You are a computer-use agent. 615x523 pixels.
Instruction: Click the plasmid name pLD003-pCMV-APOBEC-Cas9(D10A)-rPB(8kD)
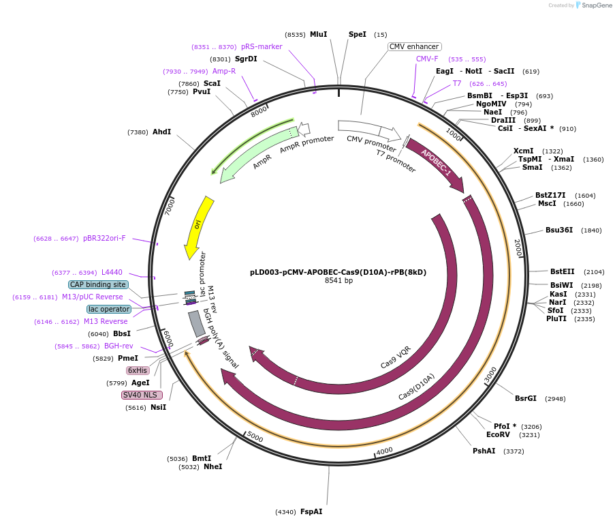click(338, 271)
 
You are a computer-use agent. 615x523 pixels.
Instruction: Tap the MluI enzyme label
click(318, 34)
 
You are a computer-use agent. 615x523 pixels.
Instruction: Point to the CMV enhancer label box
click(414, 47)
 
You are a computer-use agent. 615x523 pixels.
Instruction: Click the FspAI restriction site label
click(311, 511)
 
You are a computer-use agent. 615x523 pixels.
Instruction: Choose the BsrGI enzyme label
click(525, 398)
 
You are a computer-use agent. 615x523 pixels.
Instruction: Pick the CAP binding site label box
click(97, 284)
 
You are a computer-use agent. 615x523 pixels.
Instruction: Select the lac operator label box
click(108, 309)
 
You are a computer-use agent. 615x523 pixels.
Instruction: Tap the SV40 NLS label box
click(142, 395)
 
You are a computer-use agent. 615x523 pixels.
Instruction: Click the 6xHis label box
click(138, 370)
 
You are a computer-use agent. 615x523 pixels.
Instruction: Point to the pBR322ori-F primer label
click(104, 239)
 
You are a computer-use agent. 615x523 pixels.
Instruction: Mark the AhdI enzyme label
click(161, 132)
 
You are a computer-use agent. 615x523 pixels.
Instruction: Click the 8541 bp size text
click(338, 280)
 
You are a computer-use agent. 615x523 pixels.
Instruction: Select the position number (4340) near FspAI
click(285, 512)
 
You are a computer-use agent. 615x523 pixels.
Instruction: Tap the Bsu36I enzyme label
click(559, 230)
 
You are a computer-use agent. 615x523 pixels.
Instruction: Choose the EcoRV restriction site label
click(498, 434)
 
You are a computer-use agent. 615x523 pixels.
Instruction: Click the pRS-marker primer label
click(262, 47)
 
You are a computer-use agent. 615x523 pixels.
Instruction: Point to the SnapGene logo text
click(595, 5)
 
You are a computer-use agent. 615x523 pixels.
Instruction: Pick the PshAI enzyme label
click(484, 451)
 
